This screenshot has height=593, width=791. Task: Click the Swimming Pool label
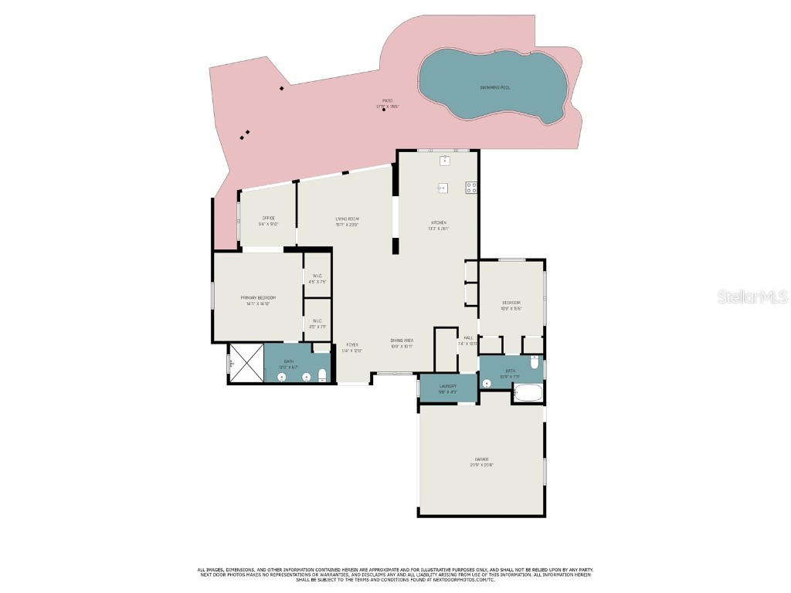click(495, 87)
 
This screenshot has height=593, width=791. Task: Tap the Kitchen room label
click(439, 222)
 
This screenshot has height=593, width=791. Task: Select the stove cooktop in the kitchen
click(470, 187)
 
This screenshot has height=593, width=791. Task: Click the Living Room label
click(347, 219)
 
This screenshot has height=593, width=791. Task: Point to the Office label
click(268, 218)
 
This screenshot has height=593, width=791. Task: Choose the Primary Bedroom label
click(258, 297)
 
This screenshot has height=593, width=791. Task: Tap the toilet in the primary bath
click(323, 376)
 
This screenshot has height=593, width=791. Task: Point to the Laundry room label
click(448, 386)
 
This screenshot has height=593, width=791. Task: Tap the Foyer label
click(351, 344)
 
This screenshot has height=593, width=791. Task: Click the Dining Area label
click(402, 341)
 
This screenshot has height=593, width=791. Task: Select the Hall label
click(468, 337)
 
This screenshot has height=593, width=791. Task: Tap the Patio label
click(387, 100)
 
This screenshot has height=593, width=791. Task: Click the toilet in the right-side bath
click(534, 361)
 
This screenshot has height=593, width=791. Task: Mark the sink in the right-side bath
click(487, 383)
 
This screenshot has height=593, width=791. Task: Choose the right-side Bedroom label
click(511, 303)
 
